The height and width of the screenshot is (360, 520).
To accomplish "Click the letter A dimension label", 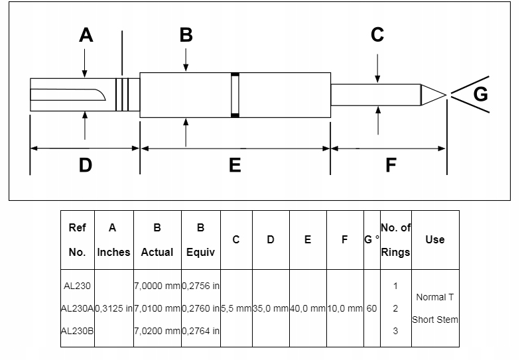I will coord(86,34).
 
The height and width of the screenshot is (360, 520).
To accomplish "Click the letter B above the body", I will coord(186,34).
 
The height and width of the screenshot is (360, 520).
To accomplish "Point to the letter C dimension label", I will coord(377,34).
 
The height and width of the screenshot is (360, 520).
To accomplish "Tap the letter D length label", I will coord(85,164).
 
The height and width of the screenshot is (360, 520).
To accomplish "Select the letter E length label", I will coord(235,164).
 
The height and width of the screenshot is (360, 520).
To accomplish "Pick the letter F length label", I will coord(391,164).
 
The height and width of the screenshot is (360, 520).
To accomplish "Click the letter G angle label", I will coord(480,94).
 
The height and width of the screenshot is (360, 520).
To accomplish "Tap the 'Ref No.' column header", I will coord(77,239).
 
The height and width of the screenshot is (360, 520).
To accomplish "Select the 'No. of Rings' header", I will coord(395,239).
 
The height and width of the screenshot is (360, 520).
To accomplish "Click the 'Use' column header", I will coord(435,239).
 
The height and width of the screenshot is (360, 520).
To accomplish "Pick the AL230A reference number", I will coord(77,308).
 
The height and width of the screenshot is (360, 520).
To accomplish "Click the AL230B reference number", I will coord(77,330).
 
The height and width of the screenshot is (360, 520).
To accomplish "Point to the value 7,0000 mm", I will coord(157,286).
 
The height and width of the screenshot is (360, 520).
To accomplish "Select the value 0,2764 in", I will coord(201,330).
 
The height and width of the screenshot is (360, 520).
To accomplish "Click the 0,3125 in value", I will coord(114,308).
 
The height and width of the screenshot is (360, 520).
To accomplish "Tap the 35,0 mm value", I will coord(271,308).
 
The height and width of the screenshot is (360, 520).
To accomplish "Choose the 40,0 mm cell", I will coord(308,308).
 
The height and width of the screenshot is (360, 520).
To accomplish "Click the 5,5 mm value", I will coord(235,308).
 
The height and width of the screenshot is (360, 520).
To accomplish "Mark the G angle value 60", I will coord(371,308).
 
